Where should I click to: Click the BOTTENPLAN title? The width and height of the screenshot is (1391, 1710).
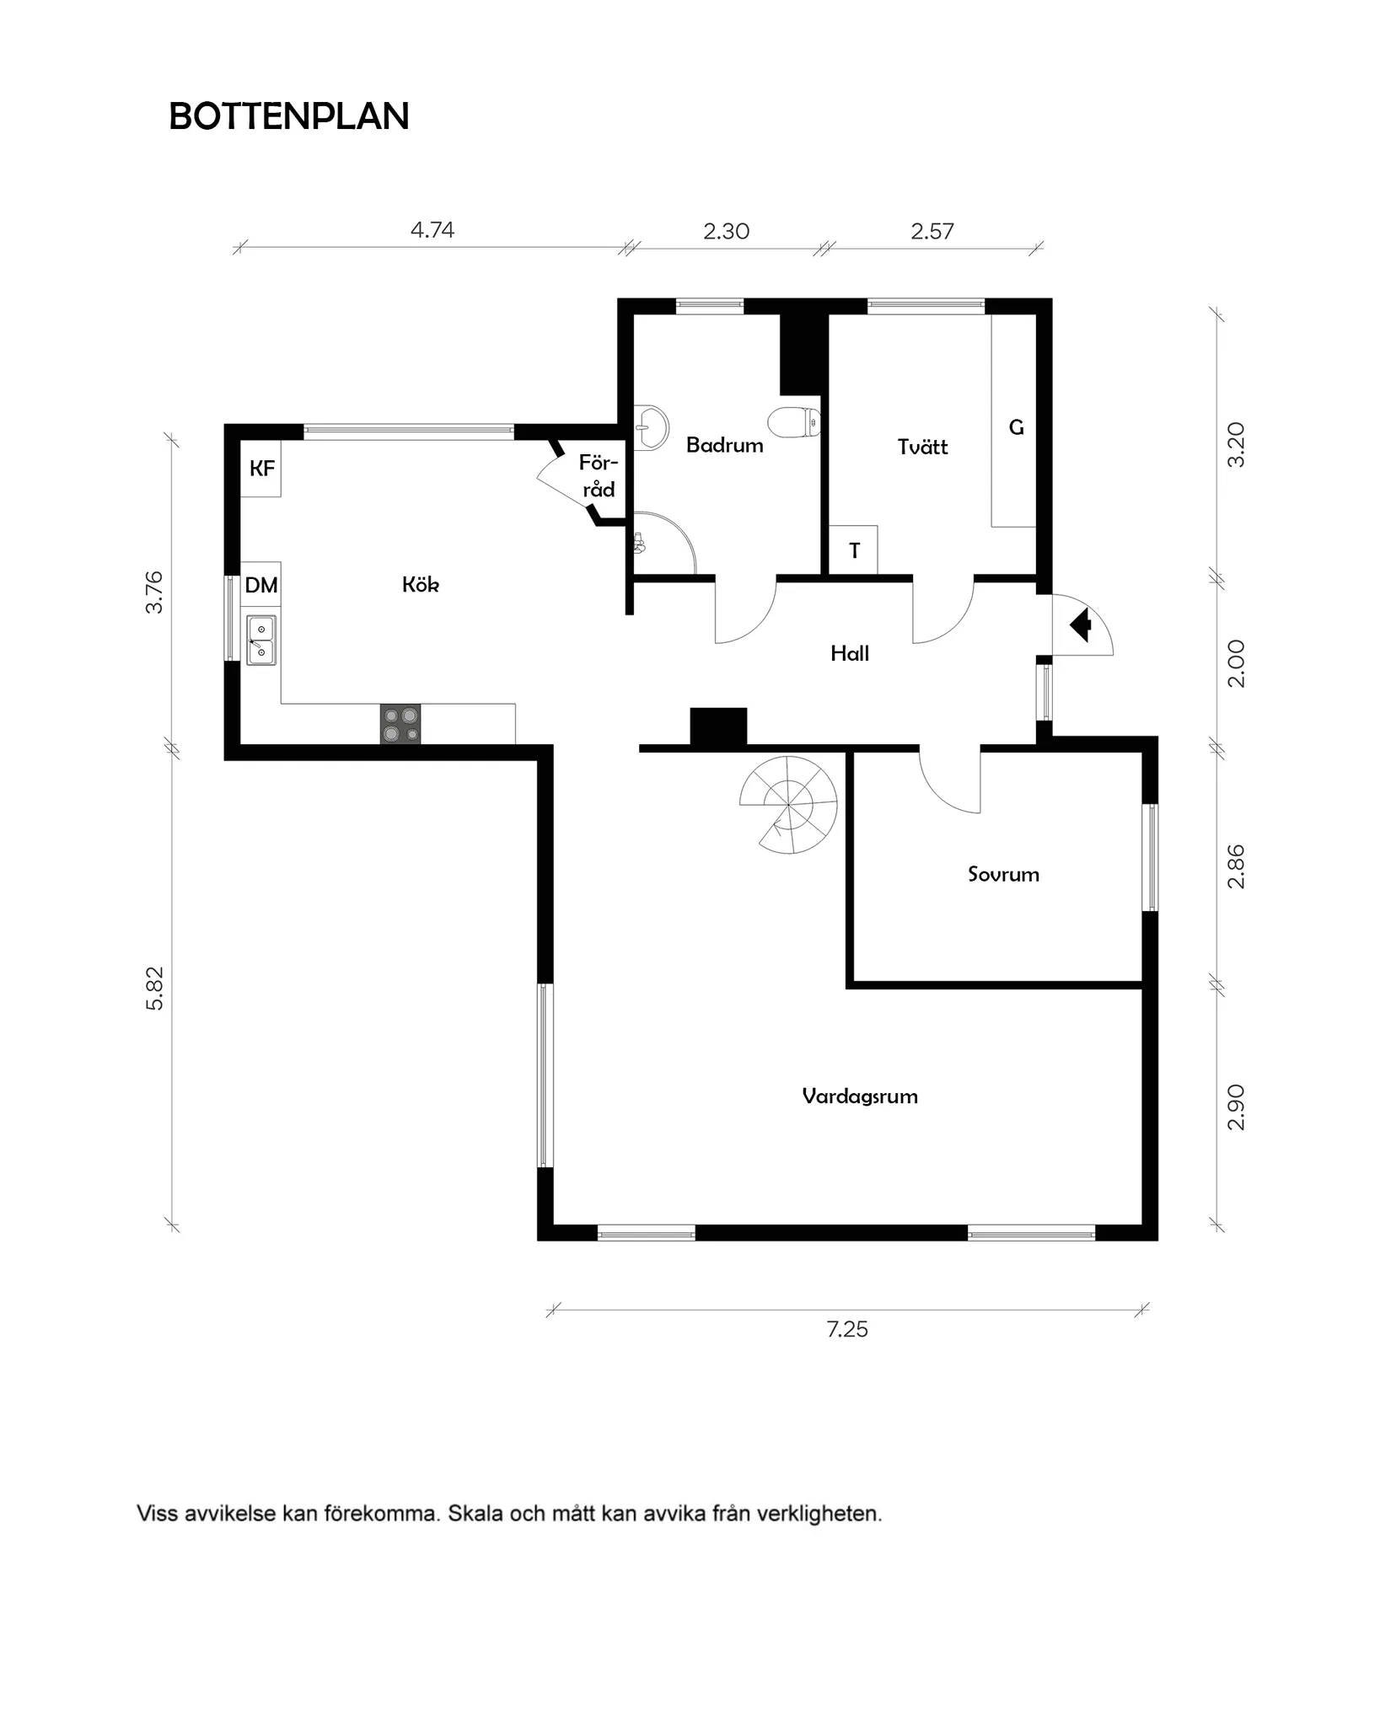289,116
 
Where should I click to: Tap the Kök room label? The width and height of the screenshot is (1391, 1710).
420,584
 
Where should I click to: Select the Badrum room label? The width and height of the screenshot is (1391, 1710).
724,445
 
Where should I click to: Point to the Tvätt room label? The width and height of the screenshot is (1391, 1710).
922,447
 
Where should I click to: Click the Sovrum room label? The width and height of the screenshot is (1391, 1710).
1003,874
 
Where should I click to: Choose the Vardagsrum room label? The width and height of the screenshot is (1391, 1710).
859,1096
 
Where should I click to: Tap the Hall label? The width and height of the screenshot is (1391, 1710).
849,653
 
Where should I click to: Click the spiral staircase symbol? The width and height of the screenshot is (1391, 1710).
788,804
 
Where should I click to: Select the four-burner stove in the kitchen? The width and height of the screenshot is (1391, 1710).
400,724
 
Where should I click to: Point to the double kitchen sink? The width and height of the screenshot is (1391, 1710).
261,641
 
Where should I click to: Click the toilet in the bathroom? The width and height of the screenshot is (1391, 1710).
794,421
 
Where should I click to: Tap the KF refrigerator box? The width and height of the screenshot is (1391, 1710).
261,469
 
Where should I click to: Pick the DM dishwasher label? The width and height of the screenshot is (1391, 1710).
261,585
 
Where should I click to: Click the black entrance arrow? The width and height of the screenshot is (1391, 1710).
1081,626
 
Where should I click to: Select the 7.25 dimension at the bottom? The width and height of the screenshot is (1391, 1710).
846,1329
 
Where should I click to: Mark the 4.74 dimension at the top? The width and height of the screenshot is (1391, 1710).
432,230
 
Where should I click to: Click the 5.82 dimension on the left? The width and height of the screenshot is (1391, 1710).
155,988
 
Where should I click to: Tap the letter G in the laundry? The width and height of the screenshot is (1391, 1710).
1016,427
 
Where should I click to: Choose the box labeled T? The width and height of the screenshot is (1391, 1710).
854,550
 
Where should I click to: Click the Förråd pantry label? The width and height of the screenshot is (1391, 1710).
599,476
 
